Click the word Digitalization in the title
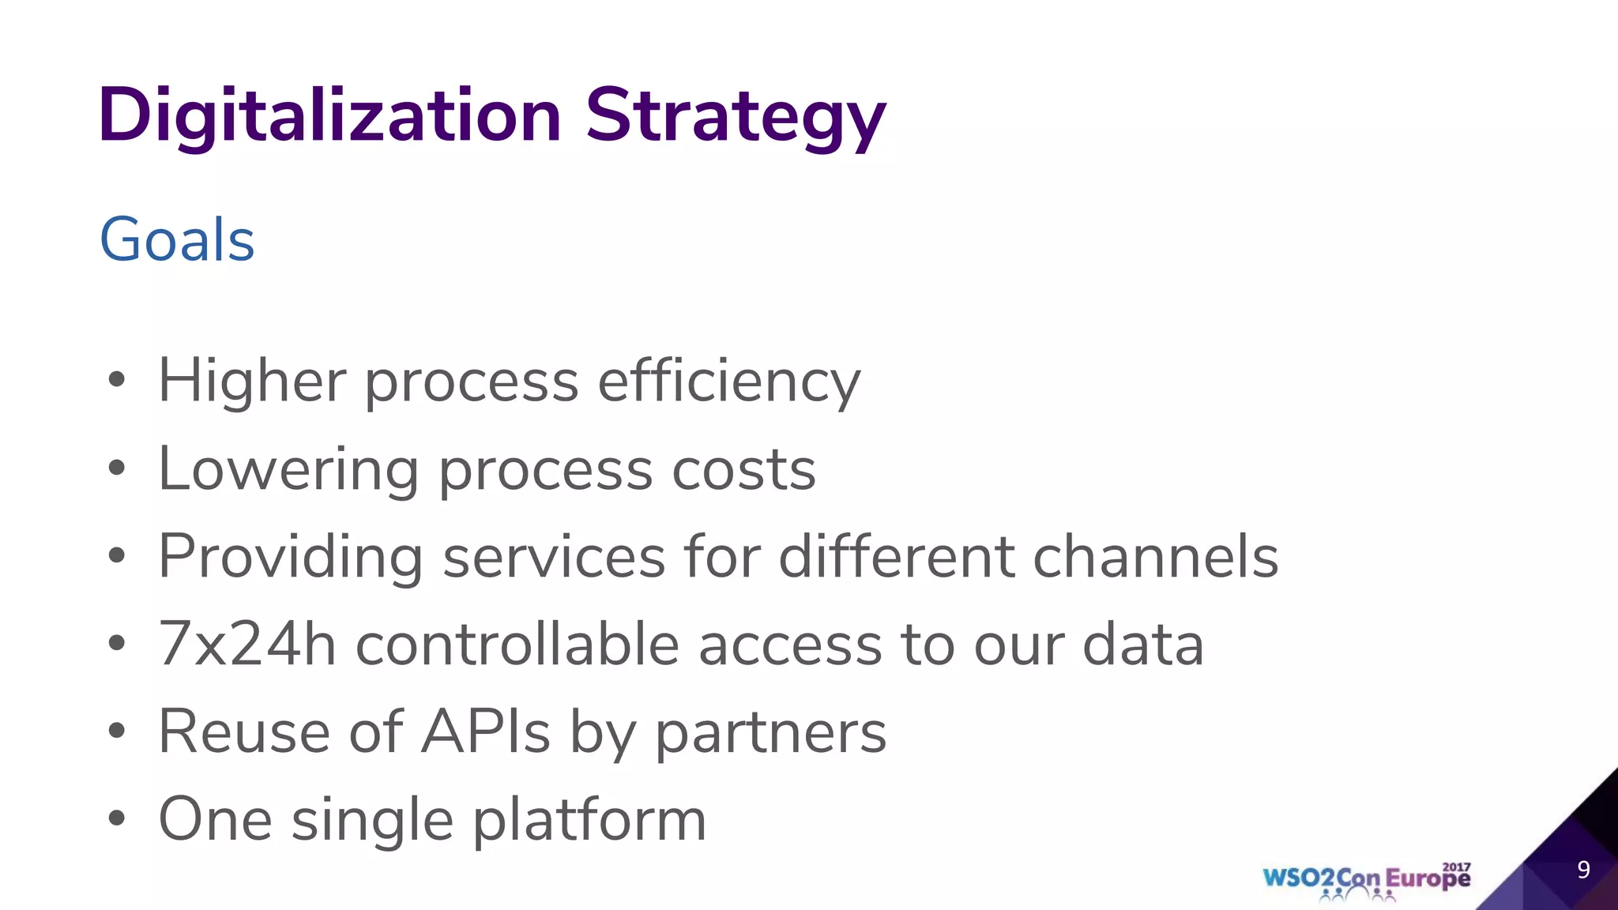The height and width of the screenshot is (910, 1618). [x=329, y=116]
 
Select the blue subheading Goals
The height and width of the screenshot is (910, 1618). [x=177, y=239]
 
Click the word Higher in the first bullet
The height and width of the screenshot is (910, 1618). [x=252, y=382]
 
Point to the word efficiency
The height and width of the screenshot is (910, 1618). [x=728, y=382]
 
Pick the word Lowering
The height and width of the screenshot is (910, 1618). [x=288, y=469]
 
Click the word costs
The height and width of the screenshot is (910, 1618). [x=743, y=469]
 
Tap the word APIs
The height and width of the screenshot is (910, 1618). [x=485, y=732]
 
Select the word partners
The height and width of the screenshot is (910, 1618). [x=771, y=732]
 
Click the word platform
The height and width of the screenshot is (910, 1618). [x=589, y=820]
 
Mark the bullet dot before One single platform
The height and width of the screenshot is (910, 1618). [x=117, y=818]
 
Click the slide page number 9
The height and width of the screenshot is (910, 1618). [x=1583, y=870]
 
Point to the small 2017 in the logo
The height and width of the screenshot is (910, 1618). [x=1457, y=867]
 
